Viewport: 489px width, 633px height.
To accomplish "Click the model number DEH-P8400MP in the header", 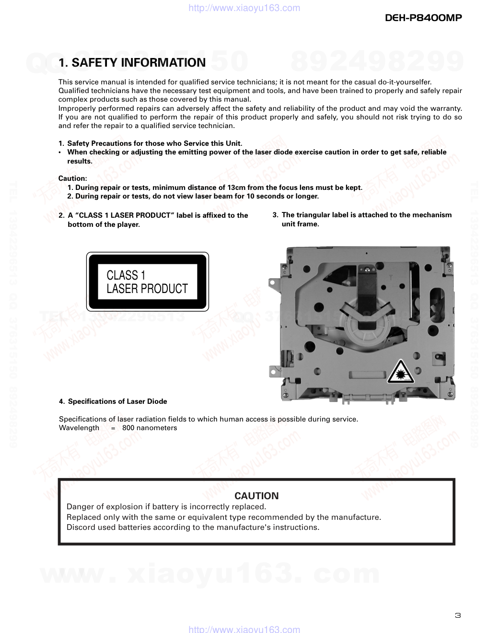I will (x=423, y=18).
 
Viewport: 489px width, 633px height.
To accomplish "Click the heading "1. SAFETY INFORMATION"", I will (x=132, y=63).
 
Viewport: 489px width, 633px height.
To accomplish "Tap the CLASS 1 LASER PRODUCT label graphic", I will (x=147, y=282).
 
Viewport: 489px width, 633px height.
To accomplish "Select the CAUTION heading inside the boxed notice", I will (x=256, y=496).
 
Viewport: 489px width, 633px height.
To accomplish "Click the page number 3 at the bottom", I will (x=457, y=616).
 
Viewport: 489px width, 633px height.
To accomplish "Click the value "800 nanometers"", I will (x=150, y=428).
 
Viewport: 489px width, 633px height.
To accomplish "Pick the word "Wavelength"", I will (x=79, y=428).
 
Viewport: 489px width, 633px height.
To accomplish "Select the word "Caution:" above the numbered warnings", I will (x=73, y=178).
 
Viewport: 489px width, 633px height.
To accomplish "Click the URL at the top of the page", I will (x=244, y=8).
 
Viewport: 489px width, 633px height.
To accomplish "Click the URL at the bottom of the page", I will (x=244, y=629).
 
